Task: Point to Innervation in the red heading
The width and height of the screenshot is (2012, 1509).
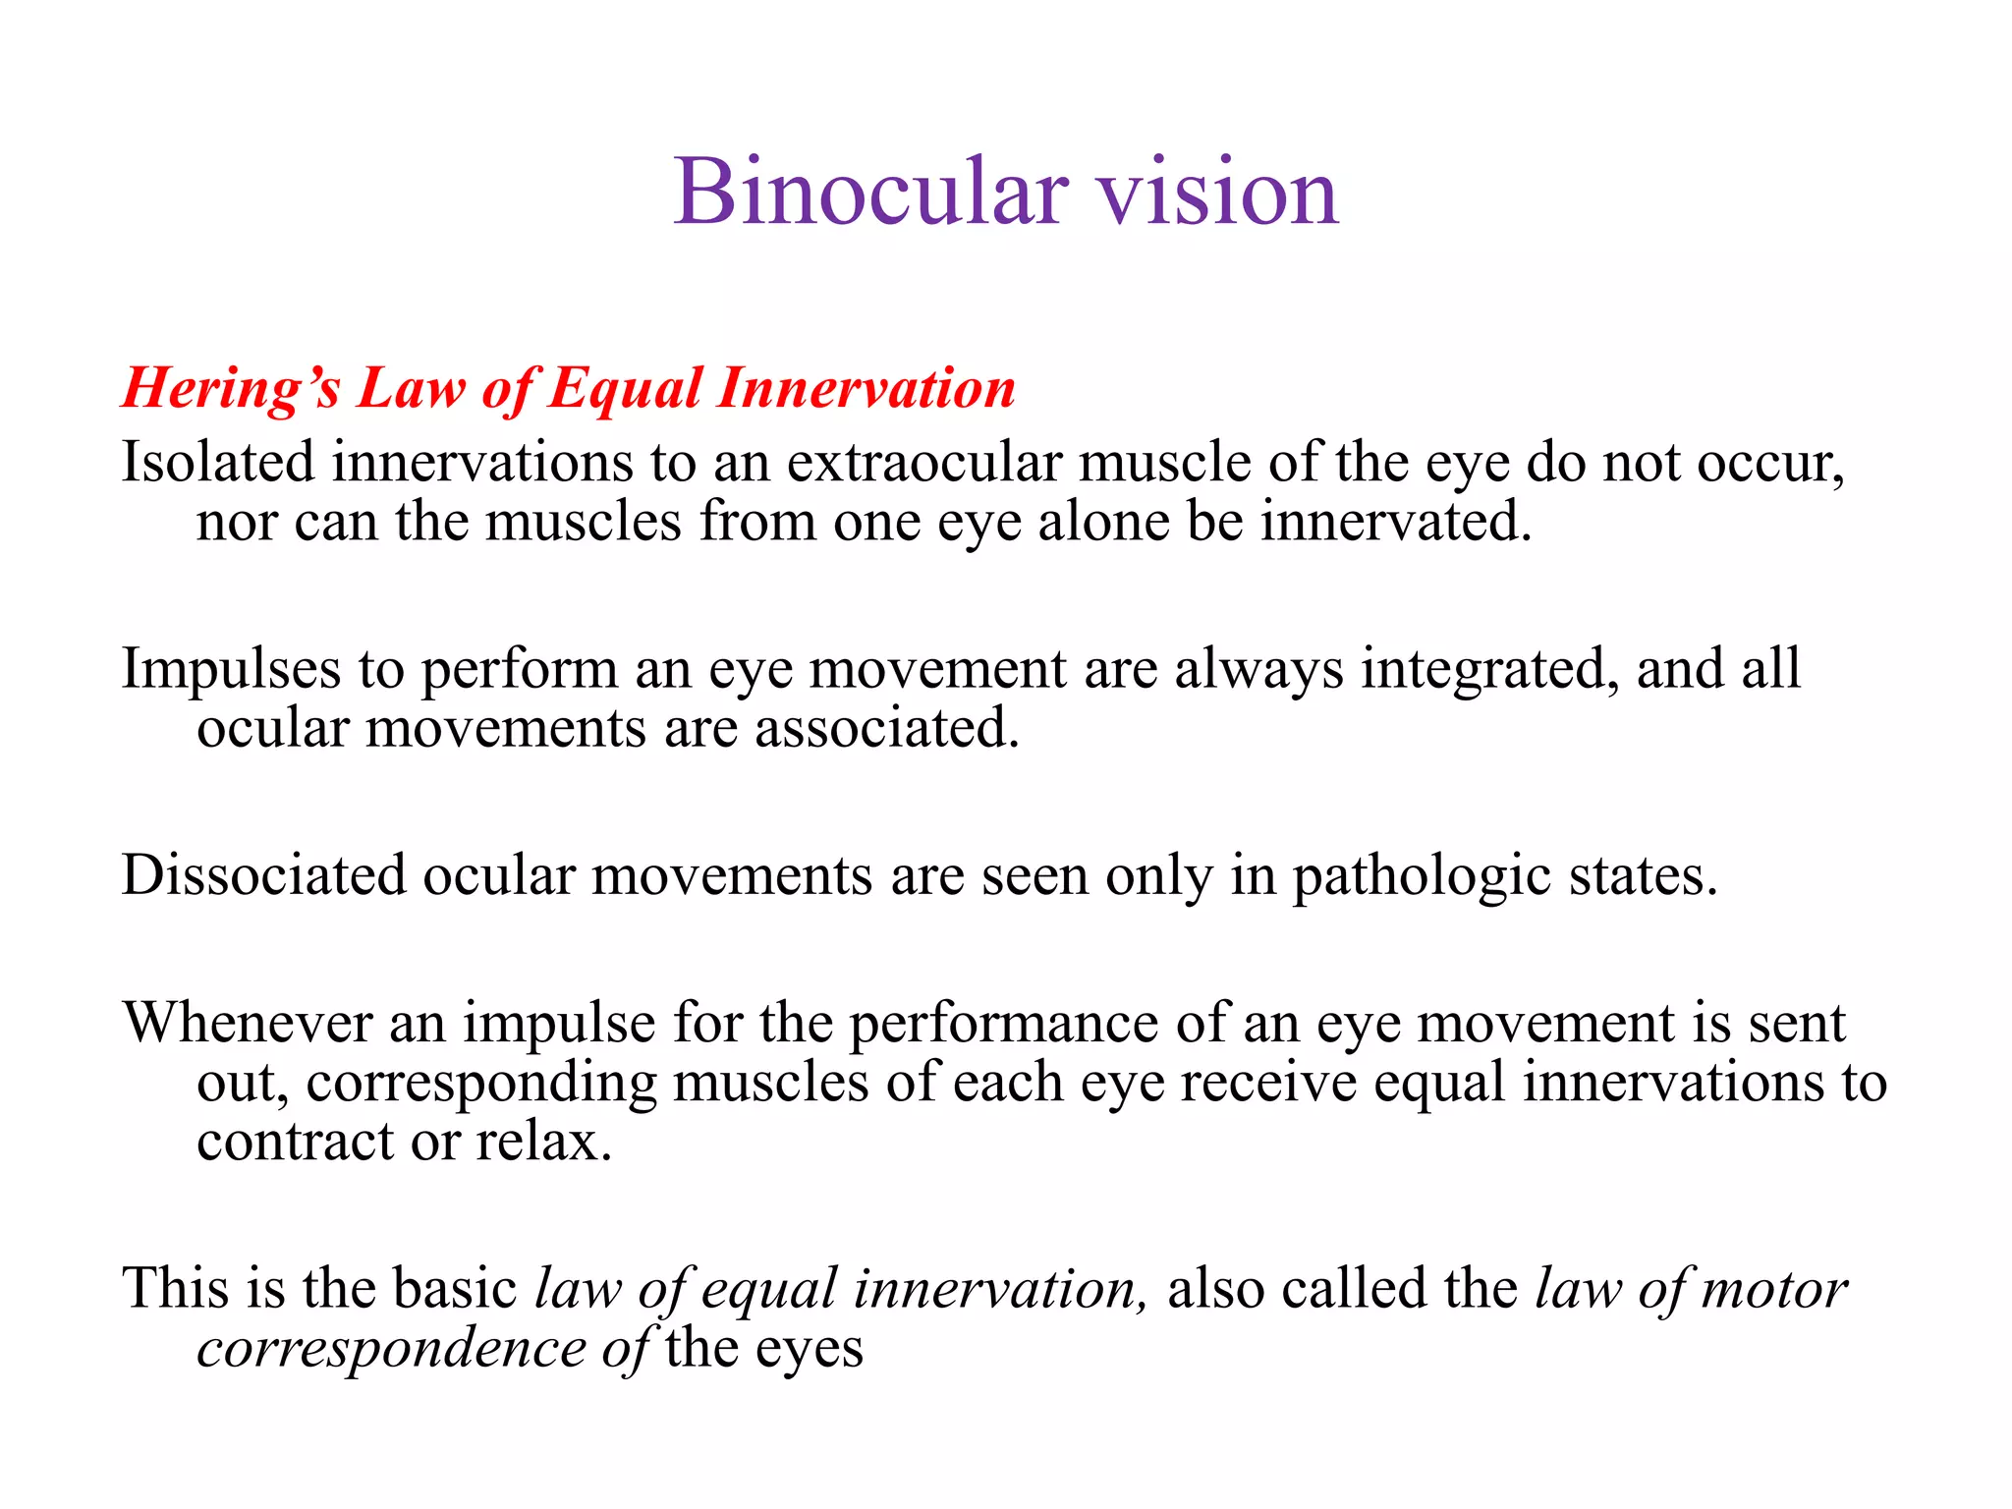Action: coord(866,388)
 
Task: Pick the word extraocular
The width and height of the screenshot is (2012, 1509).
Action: coord(924,462)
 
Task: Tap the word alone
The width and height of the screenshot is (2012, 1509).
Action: coord(1103,522)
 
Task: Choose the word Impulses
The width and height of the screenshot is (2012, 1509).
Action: coord(231,669)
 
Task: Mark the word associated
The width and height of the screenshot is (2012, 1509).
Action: coord(887,729)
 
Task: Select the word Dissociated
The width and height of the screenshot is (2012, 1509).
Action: coord(263,875)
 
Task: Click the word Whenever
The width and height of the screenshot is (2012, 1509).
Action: coord(248,1023)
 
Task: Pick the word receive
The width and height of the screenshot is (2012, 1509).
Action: coord(1267,1083)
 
